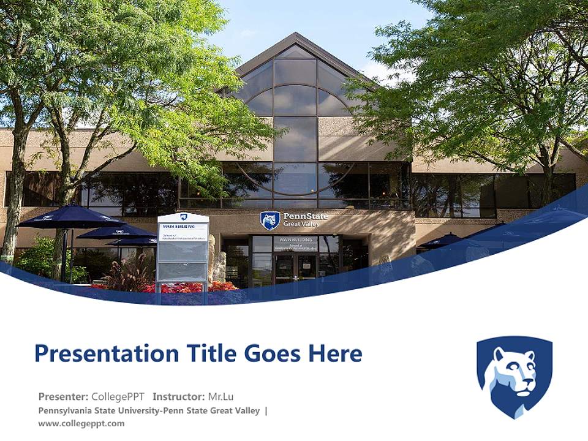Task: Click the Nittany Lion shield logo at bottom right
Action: click(514, 376)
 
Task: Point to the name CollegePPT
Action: click(118, 396)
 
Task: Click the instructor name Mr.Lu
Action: click(221, 396)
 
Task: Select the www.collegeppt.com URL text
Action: click(81, 423)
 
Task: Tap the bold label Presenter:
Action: click(63, 396)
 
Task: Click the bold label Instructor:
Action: click(179, 396)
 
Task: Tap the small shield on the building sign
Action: click(269, 221)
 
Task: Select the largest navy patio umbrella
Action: click(71, 217)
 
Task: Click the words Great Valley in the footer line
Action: click(236, 410)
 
